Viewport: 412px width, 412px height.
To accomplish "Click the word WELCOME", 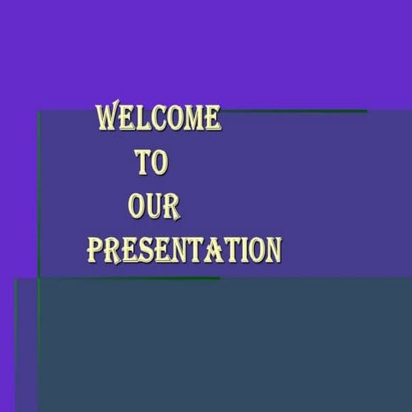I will tap(158, 118).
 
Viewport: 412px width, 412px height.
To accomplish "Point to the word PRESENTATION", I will tap(184, 250).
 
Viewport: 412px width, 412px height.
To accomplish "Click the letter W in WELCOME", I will tap(108, 117).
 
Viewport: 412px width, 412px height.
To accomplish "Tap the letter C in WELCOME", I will tap(155, 118).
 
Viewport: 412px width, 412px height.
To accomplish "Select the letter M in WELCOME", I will tap(191, 118).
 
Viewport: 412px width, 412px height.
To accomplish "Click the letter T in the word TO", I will tap(142, 162).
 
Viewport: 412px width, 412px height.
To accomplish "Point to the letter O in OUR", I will tap(136, 206).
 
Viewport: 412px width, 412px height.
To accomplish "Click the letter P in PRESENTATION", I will tap(94, 250).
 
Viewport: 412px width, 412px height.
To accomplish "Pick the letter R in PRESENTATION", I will tap(112, 250).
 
